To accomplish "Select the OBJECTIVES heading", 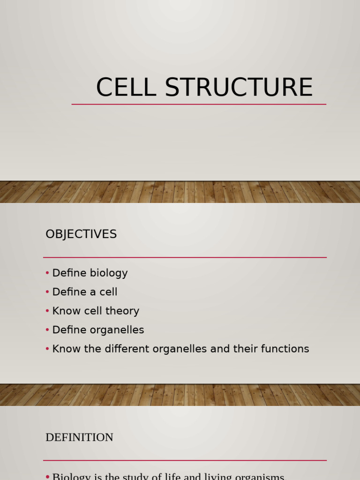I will pos(81,234).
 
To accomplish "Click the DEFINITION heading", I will pos(79,437).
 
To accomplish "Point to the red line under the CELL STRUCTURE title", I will pos(199,104).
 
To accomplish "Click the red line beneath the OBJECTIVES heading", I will pos(185,257).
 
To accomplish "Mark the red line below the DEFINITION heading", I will pos(185,460).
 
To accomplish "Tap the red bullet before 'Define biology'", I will pos(48,273).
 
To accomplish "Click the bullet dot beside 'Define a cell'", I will pos(48,292).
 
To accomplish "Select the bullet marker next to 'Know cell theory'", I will pos(48,311).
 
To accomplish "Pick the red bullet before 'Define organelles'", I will pos(48,330).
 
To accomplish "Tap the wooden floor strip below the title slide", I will pos(180,192).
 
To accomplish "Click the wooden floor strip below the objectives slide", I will pos(180,395).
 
